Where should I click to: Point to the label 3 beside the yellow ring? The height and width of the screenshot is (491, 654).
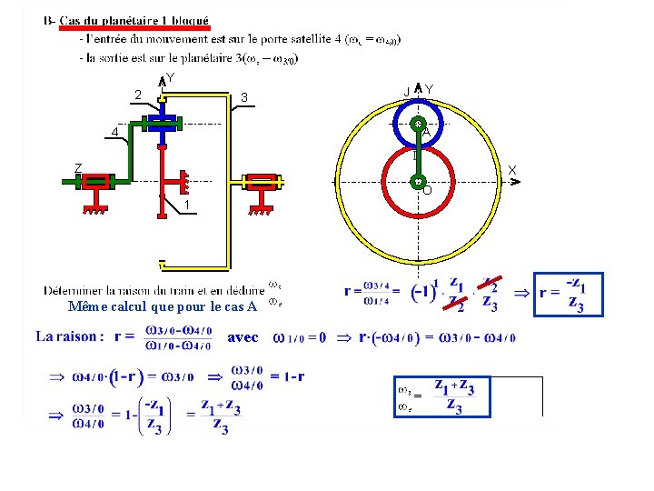[x=244, y=97]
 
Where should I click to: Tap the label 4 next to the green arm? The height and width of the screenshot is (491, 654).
[x=114, y=133]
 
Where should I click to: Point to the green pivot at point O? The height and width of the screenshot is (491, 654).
[x=417, y=182]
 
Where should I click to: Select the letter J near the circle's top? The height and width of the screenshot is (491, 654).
[x=407, y=89]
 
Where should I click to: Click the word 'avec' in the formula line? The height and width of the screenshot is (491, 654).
[x=243, y=336]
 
